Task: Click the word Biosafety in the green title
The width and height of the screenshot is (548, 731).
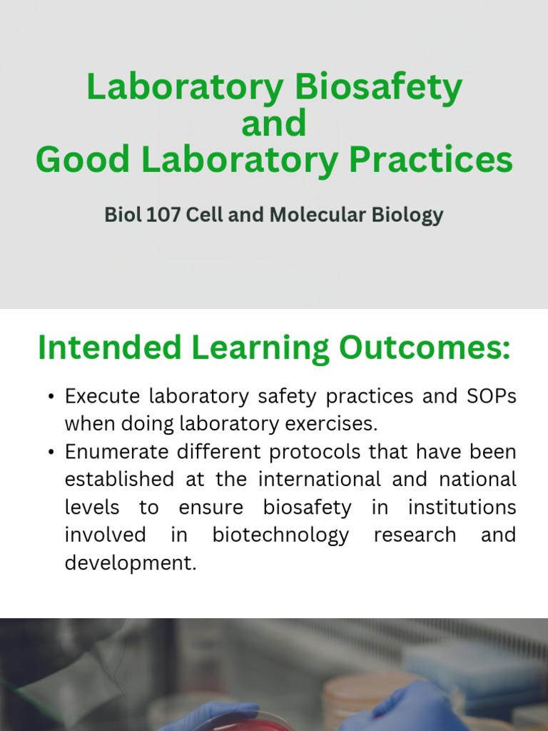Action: click(378, 88)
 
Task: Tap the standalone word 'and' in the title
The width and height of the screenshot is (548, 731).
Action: click(274, 123)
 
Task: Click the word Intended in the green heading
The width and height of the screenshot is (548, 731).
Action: click(109, 348)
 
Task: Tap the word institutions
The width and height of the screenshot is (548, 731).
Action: click(462, 508)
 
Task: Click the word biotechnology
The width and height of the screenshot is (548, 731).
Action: click(281, 535)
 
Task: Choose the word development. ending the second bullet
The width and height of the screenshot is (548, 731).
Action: click(130, 563)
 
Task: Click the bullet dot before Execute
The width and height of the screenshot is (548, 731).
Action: click(51, 397)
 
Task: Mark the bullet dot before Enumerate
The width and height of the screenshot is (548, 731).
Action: click(51, 453)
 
